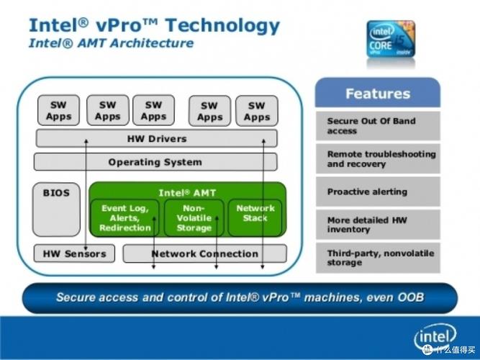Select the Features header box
377,94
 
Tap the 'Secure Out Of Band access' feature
377,126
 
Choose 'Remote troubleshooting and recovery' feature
377,159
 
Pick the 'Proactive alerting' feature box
377,192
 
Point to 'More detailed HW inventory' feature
377,225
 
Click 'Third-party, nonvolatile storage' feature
377,258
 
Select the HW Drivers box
156,138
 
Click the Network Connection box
204,253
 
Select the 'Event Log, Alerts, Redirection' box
126,217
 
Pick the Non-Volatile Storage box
194,217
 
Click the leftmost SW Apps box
58,111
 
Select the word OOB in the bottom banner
408,297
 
